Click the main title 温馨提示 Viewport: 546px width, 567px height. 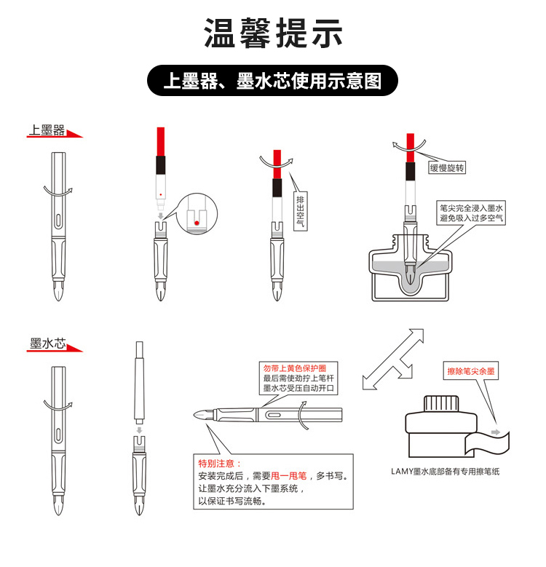tap(273, 33)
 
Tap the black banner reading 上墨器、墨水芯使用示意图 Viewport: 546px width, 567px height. tap(272, 80)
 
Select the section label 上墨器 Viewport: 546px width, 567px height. tap(47, 130)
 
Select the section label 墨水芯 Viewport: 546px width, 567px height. tap(48, 344)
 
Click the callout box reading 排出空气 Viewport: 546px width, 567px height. tap(300, 211)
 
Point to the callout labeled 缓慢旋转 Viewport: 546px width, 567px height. tap(447, 168)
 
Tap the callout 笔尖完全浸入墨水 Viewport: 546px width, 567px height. tap(471, 208)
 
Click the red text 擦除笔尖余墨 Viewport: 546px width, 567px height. tap(471, 371)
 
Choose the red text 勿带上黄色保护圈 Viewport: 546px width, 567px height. tap(295, 368)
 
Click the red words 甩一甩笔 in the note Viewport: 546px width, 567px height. tap(288, 476)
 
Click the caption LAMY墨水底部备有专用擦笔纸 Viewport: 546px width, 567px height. tap(445, 471)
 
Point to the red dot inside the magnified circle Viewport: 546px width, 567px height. tap(197, 223)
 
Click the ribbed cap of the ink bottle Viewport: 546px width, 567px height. tap(441, 404)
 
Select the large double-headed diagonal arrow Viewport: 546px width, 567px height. tap(393, 359)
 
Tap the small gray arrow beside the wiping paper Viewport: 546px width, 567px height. tap(496, 432)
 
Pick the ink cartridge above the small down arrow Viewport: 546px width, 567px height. tap(139, 383)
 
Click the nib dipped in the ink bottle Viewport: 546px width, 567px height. tap(411, 275)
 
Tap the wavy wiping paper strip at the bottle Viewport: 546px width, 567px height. tap(487, 443)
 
